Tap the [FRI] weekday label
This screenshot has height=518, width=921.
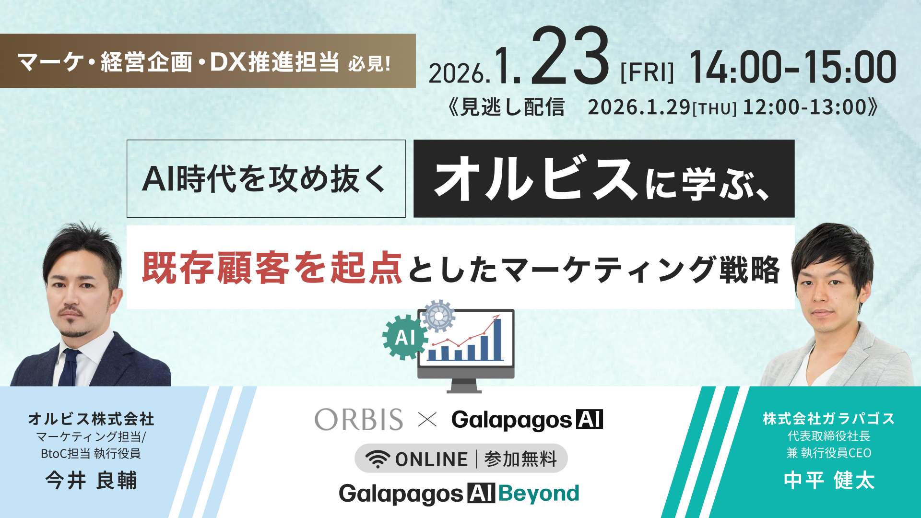pos(647,72)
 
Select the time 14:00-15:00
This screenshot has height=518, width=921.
pos(792,67)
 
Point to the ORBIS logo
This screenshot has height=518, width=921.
pos(359,420)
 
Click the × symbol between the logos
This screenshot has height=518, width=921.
pos(427,420)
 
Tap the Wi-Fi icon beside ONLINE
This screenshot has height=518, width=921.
pos(378,459)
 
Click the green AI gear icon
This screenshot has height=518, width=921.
pos(405,337)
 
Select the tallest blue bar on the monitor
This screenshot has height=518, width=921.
pos(497,339)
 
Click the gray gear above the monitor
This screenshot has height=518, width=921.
pos(437,316)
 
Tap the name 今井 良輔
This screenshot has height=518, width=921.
pos(91,480)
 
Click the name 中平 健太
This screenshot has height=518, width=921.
pos(829,480)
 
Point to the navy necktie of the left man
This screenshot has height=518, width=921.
pos(70,367)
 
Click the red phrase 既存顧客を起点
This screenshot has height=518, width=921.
pos(272,268)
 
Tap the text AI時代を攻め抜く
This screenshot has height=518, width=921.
pos(264,178)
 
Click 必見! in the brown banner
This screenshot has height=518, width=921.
pos(369,63)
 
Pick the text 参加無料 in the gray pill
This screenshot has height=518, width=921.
pos(520,459)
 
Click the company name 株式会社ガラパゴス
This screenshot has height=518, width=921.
pos(829,419)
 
